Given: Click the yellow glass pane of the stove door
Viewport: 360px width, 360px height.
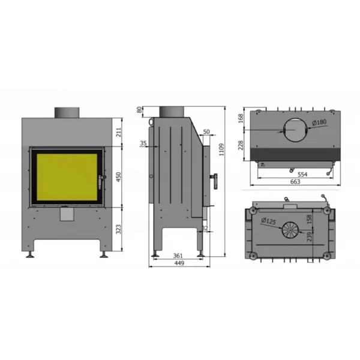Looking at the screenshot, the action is tap(67, 176).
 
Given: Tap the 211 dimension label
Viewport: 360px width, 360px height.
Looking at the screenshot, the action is tap(118, 133).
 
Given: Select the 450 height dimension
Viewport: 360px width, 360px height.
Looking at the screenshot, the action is tap(118, 177).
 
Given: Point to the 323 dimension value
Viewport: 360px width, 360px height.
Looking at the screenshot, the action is tap(118, 229).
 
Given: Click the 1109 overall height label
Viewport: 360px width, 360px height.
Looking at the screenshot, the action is tap(221, 149).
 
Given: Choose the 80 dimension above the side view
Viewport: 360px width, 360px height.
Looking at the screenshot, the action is tap(139, 110).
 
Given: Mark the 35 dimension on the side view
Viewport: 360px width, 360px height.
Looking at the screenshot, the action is tap(143, 143).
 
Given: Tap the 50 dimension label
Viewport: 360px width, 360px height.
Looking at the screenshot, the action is tap(206, 132).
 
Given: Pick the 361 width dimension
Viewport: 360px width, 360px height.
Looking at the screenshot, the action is tap(178, 256).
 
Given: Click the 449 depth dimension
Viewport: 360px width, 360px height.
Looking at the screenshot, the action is tap(179, 263).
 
